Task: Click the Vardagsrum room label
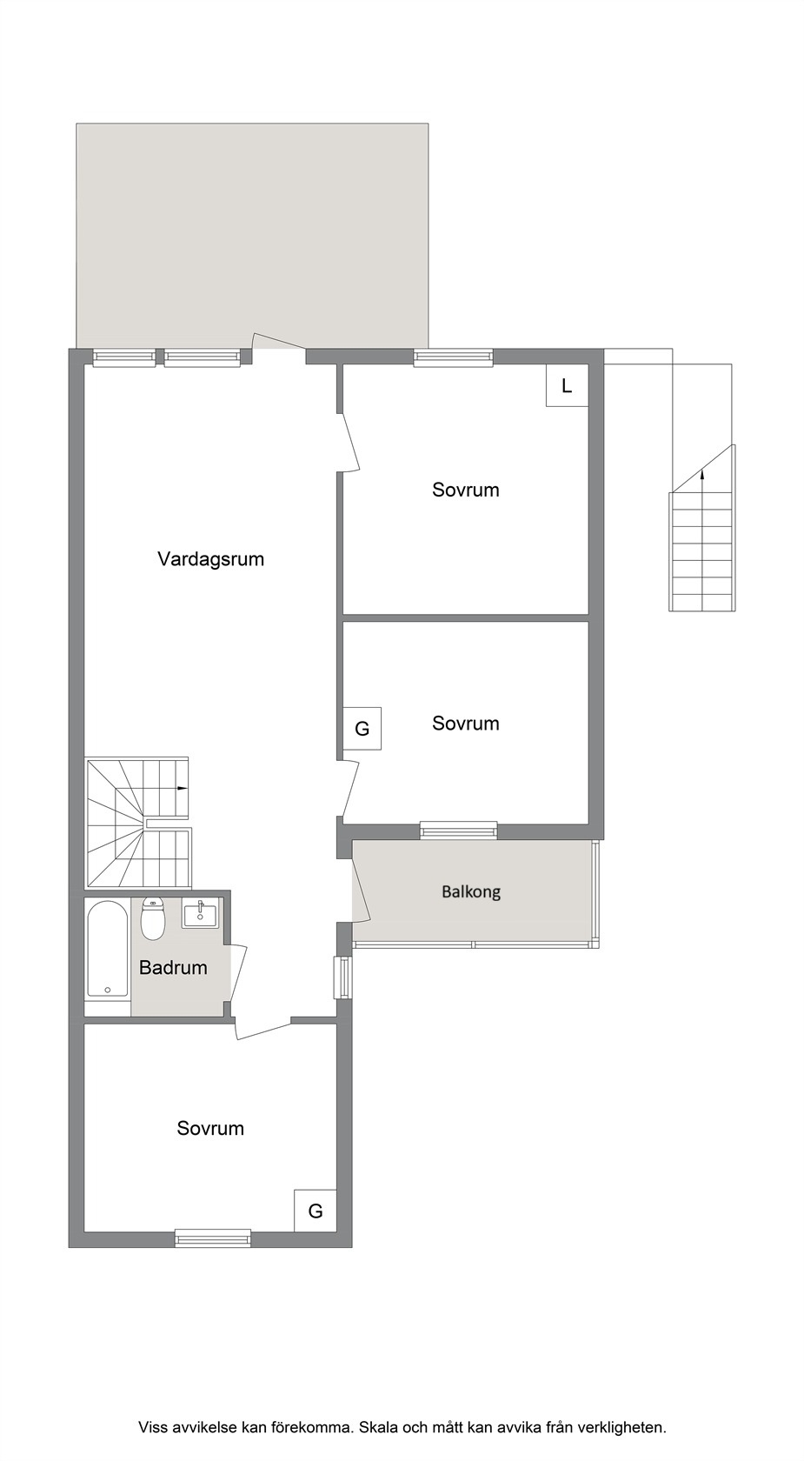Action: click(210, 559)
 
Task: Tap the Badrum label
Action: click(173, 967)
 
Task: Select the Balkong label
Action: click(471, 892)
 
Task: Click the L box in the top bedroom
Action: click(567, 385)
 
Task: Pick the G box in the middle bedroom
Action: click(362, 729)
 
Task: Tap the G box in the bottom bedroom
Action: click(316, 1211)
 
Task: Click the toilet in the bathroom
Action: click(153, 920)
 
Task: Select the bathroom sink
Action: click(201, 913)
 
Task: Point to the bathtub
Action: click(108, 949)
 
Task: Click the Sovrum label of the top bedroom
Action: click(466, 490)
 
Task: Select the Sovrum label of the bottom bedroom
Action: click(210, 1129)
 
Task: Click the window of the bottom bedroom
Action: click(213, 1238)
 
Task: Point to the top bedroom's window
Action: click(453, 357)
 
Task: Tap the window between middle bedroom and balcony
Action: click(458, 831)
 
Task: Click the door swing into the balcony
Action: click(361, 891)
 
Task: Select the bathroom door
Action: click(238, 974)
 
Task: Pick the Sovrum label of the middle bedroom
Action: click(466, 724)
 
